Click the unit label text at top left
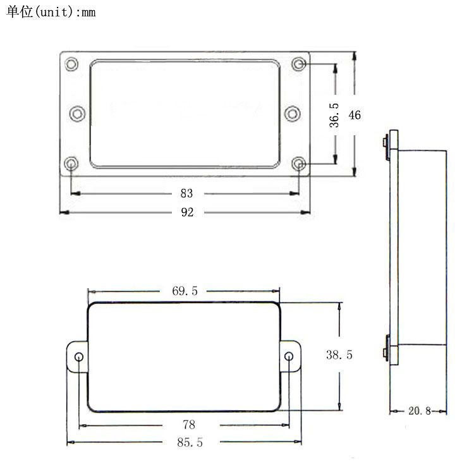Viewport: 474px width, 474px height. [51, 12]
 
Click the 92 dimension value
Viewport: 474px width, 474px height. [187, 212]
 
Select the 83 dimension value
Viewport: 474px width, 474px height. [187, 193]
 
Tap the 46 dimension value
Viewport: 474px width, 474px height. [355, 115]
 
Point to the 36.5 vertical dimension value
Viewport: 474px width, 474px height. [334, 115]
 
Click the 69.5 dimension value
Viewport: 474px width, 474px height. [185, 291]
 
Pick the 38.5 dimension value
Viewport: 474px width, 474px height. [339, 355]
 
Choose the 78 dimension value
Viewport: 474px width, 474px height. [188, 424]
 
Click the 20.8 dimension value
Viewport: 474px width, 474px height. [419, 411]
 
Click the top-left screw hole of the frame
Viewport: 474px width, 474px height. [71, 64]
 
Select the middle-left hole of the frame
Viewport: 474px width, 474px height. [77, 113]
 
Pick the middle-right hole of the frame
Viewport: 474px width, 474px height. [293, 113]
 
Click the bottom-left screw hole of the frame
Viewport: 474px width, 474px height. [71, 164]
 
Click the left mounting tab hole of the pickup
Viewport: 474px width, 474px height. [79, 358]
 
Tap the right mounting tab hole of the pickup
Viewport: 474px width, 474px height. [289, 358]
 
